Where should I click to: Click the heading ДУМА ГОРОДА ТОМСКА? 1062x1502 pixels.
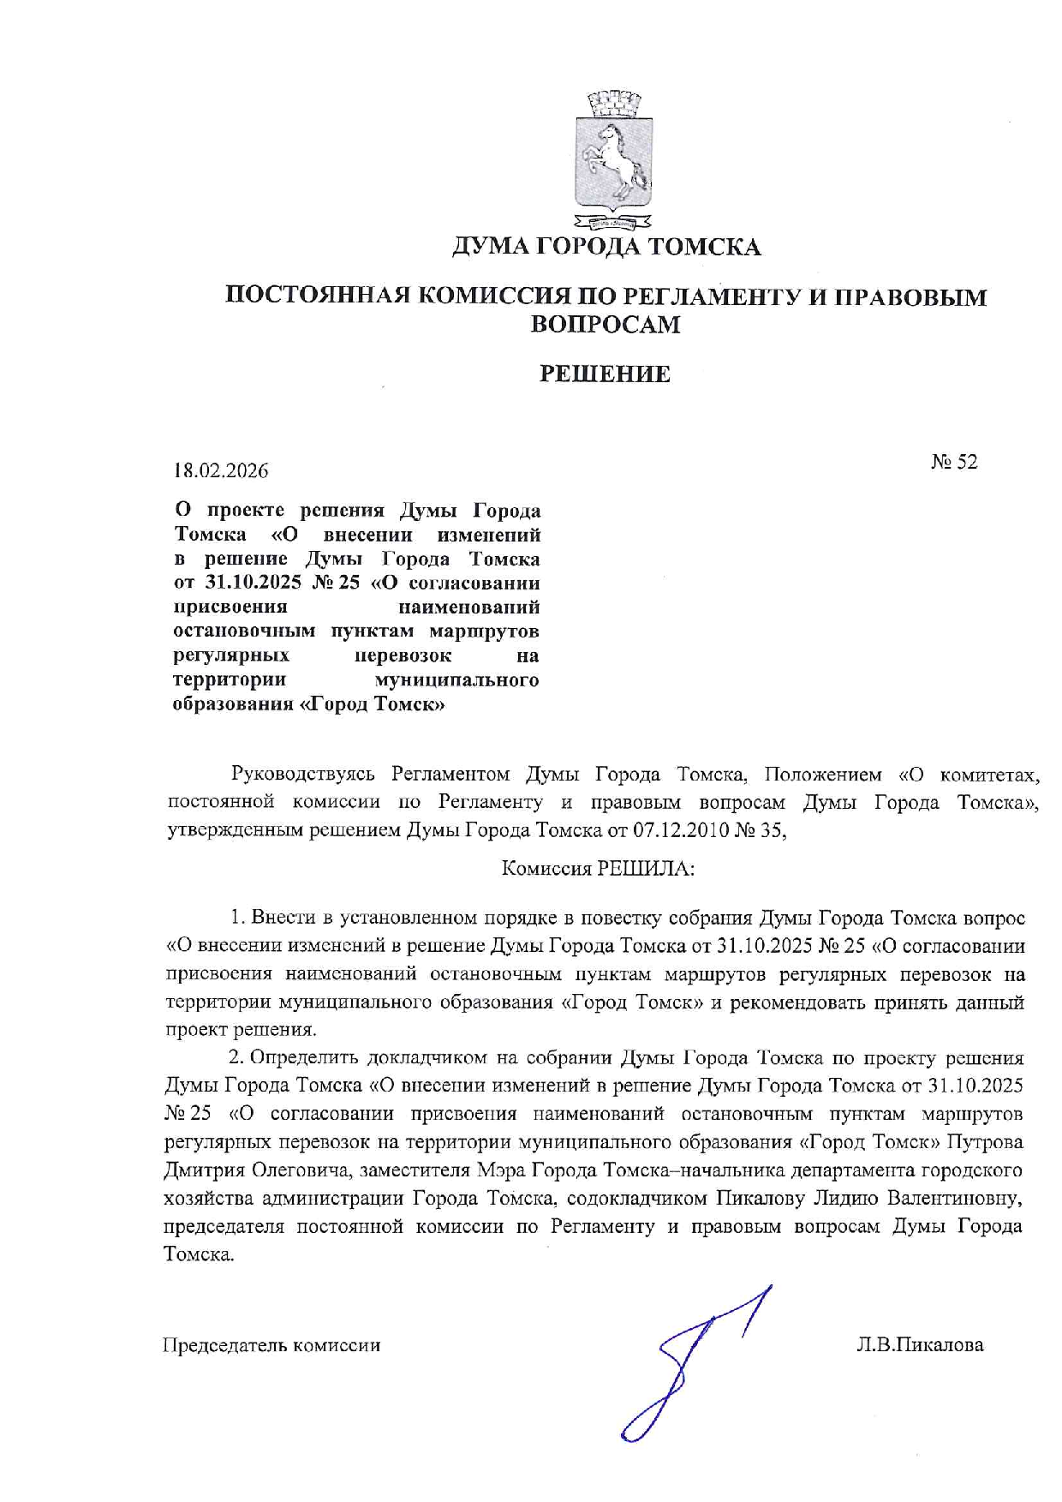point(606,248)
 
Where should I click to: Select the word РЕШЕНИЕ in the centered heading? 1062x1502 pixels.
point(605,374)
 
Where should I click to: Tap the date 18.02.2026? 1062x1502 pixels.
point(221,470)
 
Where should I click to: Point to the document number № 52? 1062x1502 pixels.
point(954,462)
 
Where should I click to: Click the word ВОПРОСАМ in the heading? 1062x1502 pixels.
point(606,324)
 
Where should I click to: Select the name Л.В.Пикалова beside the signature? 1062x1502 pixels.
point(919,1344)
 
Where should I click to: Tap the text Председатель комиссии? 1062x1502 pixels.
point(271,1344)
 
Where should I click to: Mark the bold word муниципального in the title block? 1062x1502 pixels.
point(457,679)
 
